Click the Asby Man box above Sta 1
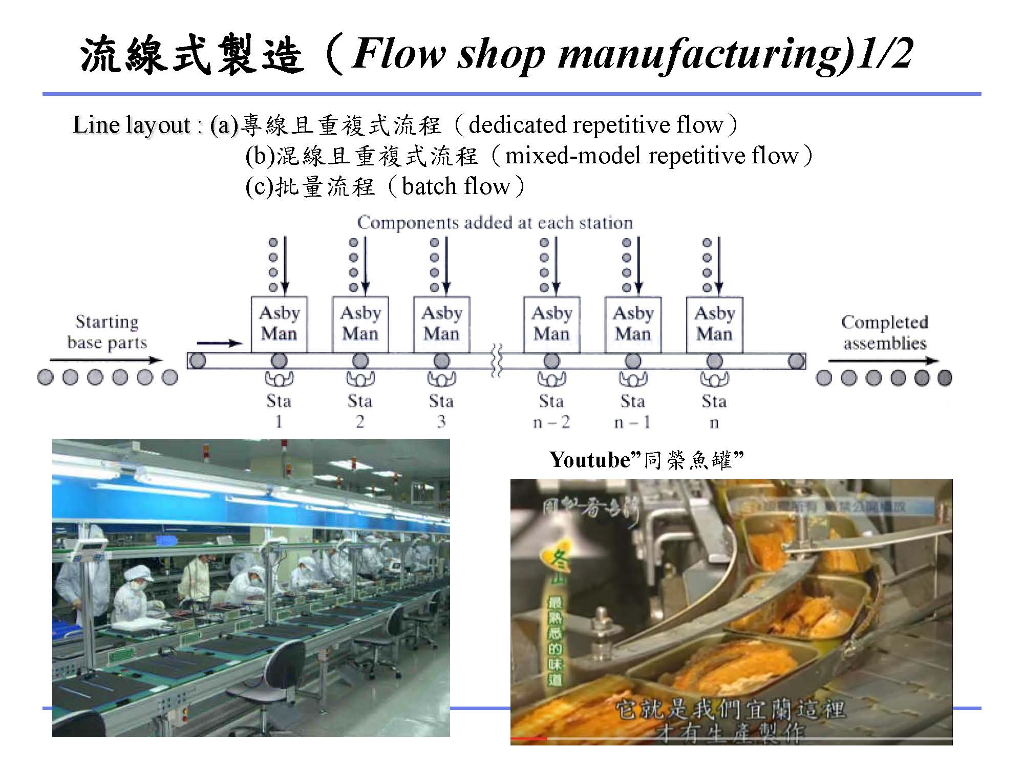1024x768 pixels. (x=279, y=324)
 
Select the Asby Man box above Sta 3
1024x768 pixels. (x=441, y=324)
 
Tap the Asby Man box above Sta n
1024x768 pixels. (x=714, y=324)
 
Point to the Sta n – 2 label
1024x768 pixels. (x=551, y=411)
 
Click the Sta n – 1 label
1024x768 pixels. (x=632, y=411)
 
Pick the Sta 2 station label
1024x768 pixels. (x=360, y=411)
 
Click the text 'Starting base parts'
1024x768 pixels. (x=107, y=332)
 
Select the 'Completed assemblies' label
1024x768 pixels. (x=885, y=332)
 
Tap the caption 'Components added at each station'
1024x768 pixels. (x=495, y=223)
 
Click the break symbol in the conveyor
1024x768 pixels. (x=496, y=360)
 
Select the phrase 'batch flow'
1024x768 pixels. (x=456, y=186)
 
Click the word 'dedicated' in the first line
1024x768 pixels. (x=517, y=125)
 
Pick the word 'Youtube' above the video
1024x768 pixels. (x=589, y=460)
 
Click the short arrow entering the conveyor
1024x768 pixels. (x=219, y=343)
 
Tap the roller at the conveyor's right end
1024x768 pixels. (x=796, y=361)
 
